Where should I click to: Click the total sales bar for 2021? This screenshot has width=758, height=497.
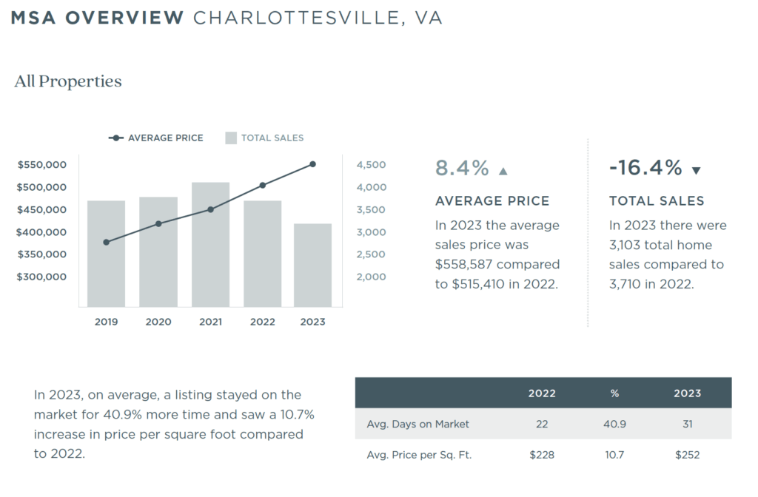[x=210, y=244]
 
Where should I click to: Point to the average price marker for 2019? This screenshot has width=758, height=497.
[x=107, y=242]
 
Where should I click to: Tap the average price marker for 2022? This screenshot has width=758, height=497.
[x=263, y=186]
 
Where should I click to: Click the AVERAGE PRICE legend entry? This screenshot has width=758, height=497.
[x=156, y=138]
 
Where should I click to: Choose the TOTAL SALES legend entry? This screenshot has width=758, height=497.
[x=264, y=138]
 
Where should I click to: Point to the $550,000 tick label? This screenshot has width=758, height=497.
[x=42, y=165]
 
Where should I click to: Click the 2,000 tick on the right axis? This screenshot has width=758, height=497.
[x=371, y=277]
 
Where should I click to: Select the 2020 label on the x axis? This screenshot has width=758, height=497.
[x=158, y=322]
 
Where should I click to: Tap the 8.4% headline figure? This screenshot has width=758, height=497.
[x=462, y=169]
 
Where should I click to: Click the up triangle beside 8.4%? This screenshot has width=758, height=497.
[x=503, y=171]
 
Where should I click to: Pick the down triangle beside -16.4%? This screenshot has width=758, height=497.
[x=696, y=171]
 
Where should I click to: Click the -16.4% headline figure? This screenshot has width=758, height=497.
[x=645, y=169]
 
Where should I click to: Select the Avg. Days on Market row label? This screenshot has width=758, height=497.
[x=417, y=424]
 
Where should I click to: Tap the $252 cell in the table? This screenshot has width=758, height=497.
[x=687, y=455]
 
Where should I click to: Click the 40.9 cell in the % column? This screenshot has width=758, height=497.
[x=614, y=424]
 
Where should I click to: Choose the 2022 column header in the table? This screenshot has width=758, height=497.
[x=542, y=393]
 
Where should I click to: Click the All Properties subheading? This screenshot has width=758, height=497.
[x=68, y=81]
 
